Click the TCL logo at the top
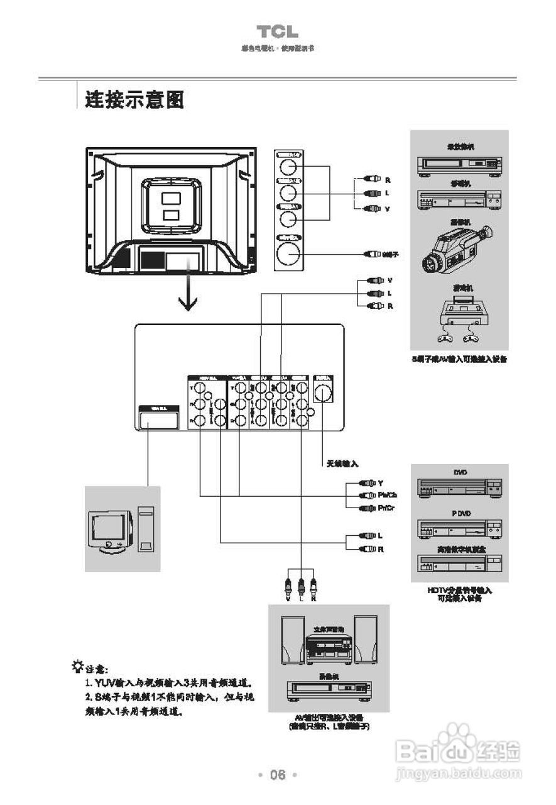(277, 32)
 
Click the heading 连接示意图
(134, 100)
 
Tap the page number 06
(278, 775)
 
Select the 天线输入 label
(342, 464)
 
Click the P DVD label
(461, 514)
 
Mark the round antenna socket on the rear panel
(324, 393)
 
